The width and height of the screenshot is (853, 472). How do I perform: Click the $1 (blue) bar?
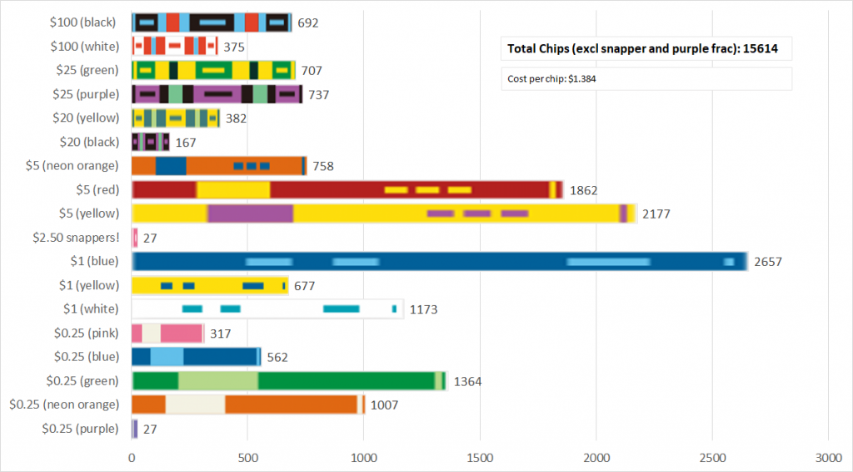click(439, 262)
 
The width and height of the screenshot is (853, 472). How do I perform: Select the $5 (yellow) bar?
click(384, 213)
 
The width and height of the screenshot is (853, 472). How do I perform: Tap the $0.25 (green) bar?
click(289, 382)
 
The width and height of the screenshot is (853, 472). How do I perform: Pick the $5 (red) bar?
click(347, 189)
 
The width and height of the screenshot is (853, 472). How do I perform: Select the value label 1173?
click(423, 309)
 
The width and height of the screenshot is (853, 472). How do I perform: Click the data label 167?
click(186, 143)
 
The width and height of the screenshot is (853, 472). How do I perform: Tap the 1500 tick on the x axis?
click(480, 458)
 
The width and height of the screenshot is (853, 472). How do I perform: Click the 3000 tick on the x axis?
click(828, 458)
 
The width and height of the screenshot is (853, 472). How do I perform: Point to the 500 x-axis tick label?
click(247, 458)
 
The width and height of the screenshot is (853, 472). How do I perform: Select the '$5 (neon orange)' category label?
click(72, 166)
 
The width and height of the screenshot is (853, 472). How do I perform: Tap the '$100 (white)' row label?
click(84, 46)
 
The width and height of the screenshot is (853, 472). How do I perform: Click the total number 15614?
click(762, 49)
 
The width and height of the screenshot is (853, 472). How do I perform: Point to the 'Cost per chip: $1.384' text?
click(551, 79)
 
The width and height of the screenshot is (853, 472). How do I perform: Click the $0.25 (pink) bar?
click(167, 334)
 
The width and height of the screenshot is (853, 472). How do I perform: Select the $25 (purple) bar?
click(217, 94)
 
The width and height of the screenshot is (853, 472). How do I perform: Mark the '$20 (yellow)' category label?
click(85, 118)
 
